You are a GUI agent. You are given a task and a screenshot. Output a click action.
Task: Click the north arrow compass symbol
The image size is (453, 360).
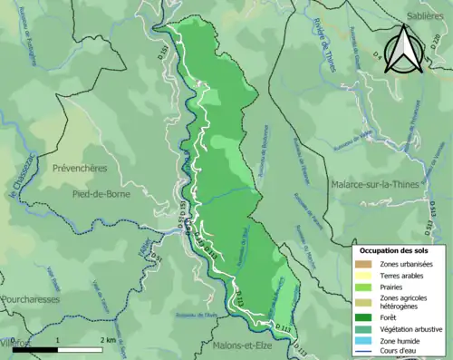click(x=401, y=49)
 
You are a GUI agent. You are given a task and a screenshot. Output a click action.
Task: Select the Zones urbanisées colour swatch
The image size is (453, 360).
click(x=363, y=264)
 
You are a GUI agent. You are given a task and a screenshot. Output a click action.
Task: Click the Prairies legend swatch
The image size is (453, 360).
click(x=363, y=287)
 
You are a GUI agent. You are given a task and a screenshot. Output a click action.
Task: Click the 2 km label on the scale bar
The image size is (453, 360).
click(x=107, y=340)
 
